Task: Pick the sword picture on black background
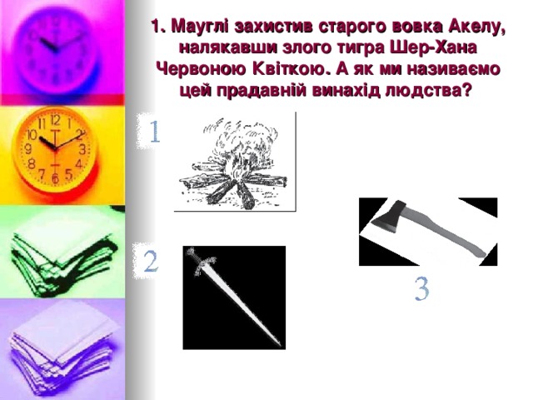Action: (234, 297)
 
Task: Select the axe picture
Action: (427, 232)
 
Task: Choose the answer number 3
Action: (422, 290)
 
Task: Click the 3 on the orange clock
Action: (82, 149)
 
